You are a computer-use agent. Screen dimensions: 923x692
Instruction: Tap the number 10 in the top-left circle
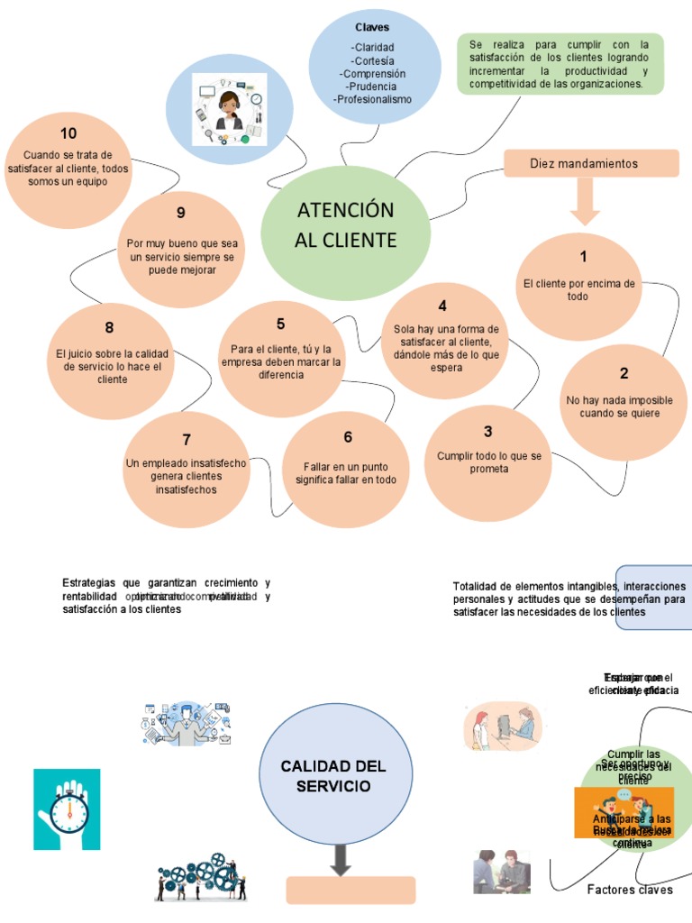68,134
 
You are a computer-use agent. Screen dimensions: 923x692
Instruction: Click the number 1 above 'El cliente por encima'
583,257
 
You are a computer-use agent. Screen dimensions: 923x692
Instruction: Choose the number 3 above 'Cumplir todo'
487,432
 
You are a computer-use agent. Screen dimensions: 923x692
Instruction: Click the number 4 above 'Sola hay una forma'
442,306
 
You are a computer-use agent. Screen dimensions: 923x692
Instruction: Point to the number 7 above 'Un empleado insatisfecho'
187,440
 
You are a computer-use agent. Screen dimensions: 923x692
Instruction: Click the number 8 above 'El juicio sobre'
109,328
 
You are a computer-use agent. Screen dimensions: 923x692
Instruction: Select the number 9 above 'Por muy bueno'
181,213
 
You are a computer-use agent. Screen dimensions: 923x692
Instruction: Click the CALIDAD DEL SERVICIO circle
332,776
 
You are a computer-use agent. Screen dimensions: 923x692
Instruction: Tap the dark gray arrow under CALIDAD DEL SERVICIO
340,859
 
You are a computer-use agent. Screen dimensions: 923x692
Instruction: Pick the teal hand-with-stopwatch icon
67,809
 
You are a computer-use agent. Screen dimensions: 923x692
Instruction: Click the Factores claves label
630,890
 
